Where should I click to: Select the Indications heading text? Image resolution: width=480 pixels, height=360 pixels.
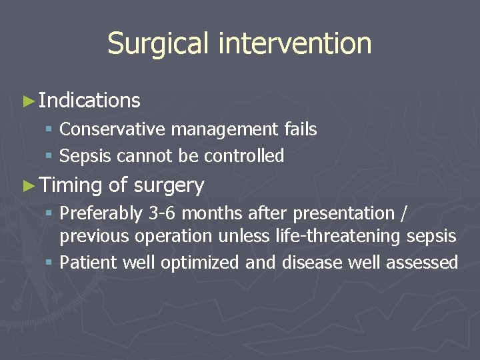click(x=89, y=101)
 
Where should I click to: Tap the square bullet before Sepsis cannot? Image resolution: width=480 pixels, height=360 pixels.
click(x=49, y=157)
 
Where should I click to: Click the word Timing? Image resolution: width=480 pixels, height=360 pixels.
click(x=70, y=185)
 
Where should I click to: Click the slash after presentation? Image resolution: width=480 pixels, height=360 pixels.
click(x=405, y=214)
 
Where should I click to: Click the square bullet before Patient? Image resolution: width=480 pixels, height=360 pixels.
click(x=49, y=263)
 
